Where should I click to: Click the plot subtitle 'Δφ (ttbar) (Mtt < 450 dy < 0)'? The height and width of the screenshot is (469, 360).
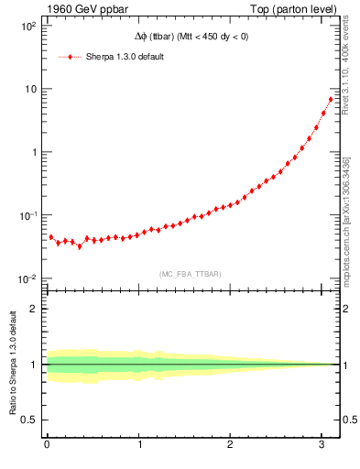(x=187, y=36)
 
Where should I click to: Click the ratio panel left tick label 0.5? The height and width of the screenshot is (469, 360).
(x=28, y=420)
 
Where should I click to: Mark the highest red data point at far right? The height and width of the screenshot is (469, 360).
(x=331, y=99)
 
